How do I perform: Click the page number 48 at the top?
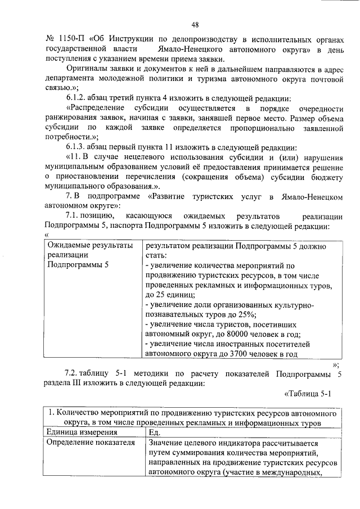coord(195,24)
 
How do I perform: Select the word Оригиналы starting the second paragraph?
coord(85,69)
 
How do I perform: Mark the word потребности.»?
coord(71,137)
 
